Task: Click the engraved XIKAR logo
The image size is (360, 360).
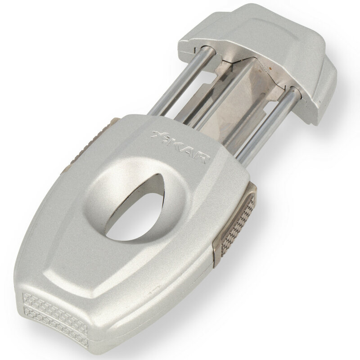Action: [x=181, y=146]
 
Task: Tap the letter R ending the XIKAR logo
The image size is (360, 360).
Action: [x=203, y=158]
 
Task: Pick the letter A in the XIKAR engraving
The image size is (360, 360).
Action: [x=190, y=152]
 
